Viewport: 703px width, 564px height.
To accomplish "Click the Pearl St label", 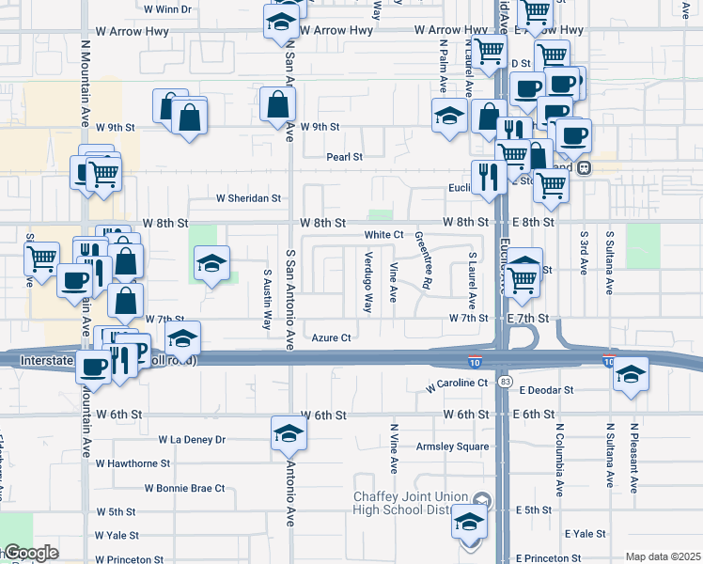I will point(345,157).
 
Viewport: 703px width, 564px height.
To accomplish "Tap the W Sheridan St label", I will point(249,198).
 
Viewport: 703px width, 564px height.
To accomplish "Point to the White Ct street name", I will point(383,234).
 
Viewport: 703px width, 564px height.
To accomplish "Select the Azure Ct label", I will point(331,337).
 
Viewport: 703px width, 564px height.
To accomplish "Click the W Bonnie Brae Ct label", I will point(184,488).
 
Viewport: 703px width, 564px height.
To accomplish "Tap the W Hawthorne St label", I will point(133,463).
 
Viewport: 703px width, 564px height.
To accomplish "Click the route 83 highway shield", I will point(506,382).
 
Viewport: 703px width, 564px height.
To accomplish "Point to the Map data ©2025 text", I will point(662,556).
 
